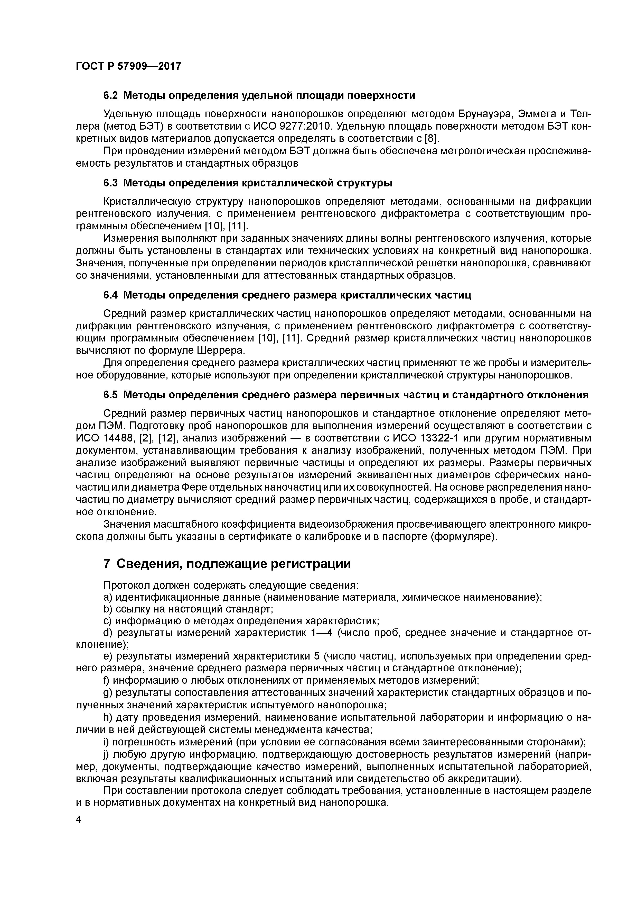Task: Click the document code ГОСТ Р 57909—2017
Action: pos(128,66)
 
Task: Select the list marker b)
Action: pos(108,609)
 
